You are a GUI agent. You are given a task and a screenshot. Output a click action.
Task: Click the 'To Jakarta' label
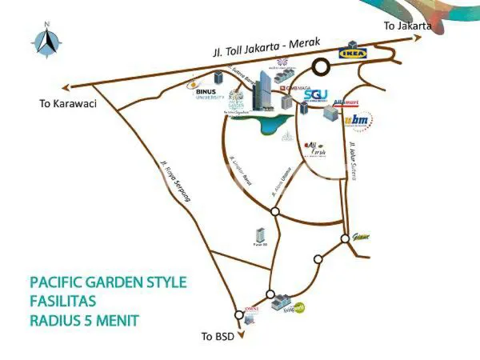tap(407, 26)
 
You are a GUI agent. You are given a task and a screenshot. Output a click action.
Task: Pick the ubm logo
tap(358, 121)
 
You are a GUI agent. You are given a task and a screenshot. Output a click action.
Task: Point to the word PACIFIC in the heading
tap(58, 282)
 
